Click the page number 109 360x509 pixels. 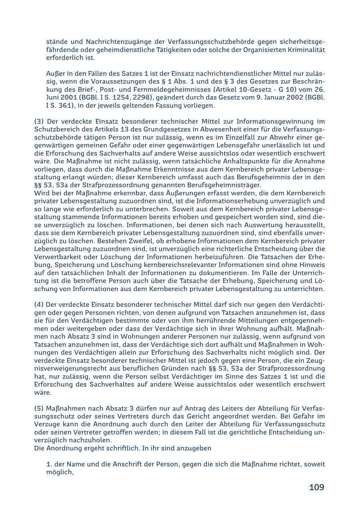tap(316, 487)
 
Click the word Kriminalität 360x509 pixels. tap(305, 50)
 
